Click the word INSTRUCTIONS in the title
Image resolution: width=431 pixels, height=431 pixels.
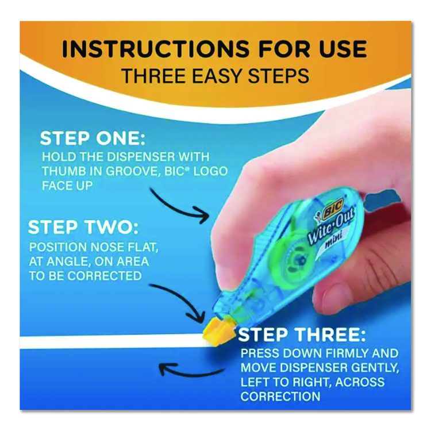click(155, 49)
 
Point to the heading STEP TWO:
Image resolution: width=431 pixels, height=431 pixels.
click(83, 228)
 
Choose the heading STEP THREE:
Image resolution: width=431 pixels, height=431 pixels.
click(302, 334)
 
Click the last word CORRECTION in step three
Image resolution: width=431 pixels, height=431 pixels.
click(280, 397)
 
